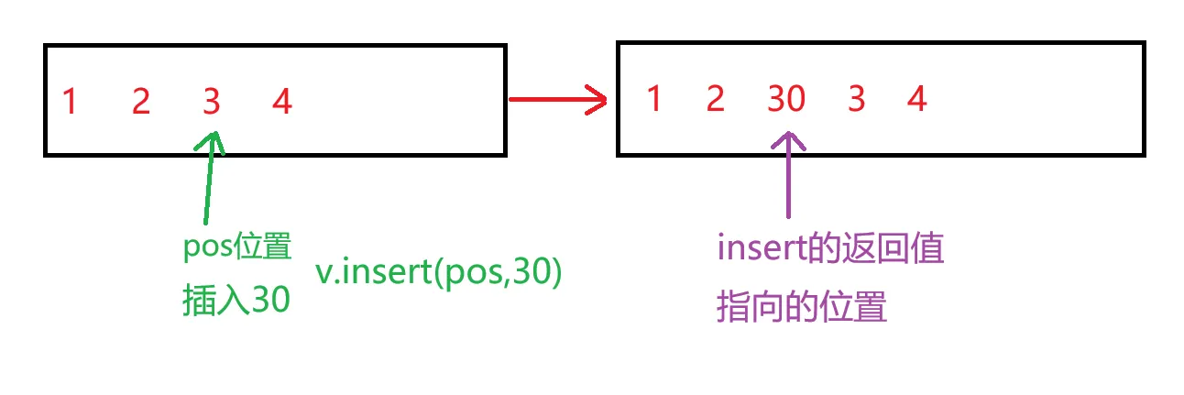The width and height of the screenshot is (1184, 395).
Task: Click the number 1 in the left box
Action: [x=69, y=102]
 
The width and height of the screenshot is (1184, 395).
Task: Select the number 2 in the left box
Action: [x=140, y=102]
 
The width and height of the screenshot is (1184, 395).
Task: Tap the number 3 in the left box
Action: [x=212, y=102]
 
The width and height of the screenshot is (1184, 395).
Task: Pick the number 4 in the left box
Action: [x=282, y=102]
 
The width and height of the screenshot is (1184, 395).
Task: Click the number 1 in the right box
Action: [x=653, y=98]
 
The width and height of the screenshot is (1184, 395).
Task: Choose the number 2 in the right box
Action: [x=716, y=98]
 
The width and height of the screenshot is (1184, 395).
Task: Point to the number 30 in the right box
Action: [x=785, y=98]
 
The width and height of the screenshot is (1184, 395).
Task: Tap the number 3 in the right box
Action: [x=856, y=98]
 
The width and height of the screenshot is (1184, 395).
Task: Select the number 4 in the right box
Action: [x=917, y=98]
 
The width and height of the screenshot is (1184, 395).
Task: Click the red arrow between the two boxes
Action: [x=557, y=98]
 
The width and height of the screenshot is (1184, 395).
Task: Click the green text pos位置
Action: [x=237, y=248]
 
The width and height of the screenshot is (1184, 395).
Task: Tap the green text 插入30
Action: [x=236, y=299]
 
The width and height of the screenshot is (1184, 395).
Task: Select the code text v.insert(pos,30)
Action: [x=438, y=274]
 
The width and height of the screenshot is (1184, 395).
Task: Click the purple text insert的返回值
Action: [x=829, y=249]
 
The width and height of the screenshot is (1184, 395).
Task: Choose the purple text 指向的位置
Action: [x=802, y=306]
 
